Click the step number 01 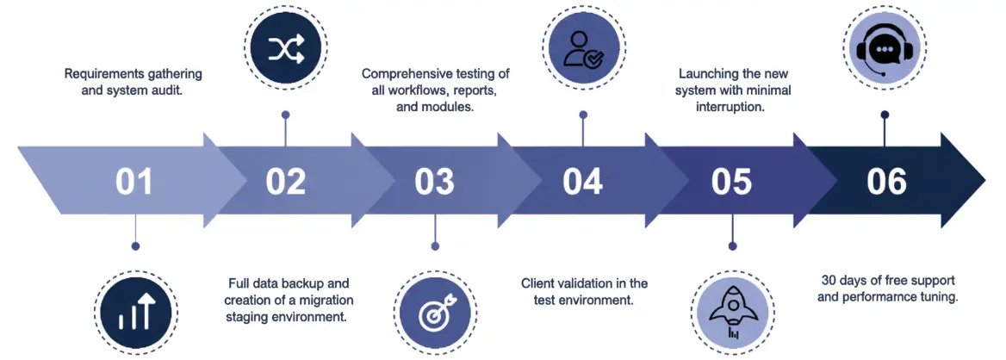134,182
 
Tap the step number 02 285,182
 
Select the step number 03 433,182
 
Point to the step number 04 582,182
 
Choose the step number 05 731,182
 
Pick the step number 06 886,182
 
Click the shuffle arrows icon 284,52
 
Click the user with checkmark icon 583,52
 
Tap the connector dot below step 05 732,245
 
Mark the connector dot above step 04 583,114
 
